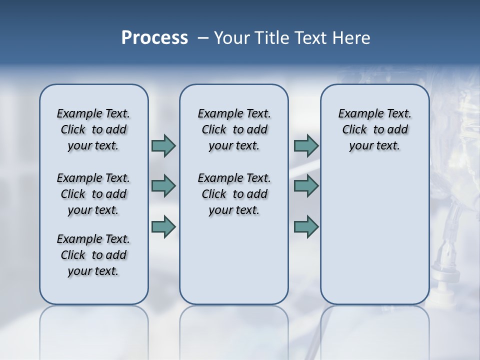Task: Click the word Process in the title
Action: pyautogui.click(x=154, y=37)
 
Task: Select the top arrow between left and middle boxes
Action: pyautogui.click(x=163, y=145)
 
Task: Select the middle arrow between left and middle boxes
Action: pyautogui.click(x=163, y=186)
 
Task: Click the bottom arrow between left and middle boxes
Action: pyautogui.click(x=163, y=226)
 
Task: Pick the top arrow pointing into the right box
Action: pyautogui.click(x=306, y=145)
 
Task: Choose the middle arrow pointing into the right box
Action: pyautogui.click(x=306, y=186)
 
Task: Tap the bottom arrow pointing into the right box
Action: pyautogui.click(x=306, y=226)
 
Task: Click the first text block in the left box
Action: pyautogui.click(x=93, y=129)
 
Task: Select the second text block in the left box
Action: pyautogui.click(x=93, y=194)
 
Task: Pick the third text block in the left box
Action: pyautogui.click(x=93, y=255)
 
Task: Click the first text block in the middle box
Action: pyautogui.click(x=234, y=129)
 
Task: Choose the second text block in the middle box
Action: pyautogui.click(x=234, y=194)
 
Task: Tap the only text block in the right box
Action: pyautogui.click(x=374, y=129)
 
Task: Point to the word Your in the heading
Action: pyautogui.click(x=230, y=37)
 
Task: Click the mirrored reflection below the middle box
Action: pyautogui.click(x=234, y=330)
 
